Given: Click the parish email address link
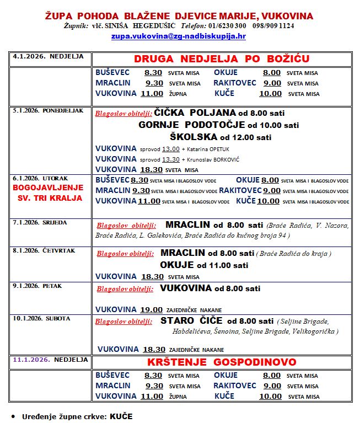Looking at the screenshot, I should (178, 36).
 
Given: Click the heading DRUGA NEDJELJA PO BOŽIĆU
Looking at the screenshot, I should (221, 59).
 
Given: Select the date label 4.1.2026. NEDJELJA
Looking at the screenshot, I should (48, 56).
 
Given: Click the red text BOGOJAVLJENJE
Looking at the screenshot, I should (48, 188).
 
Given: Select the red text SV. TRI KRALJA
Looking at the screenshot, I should (49, 197).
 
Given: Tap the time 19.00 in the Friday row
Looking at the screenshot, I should (152, 310).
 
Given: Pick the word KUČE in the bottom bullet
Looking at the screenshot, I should (121, 416).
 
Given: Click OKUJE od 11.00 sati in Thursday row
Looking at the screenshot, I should (204, 265).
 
